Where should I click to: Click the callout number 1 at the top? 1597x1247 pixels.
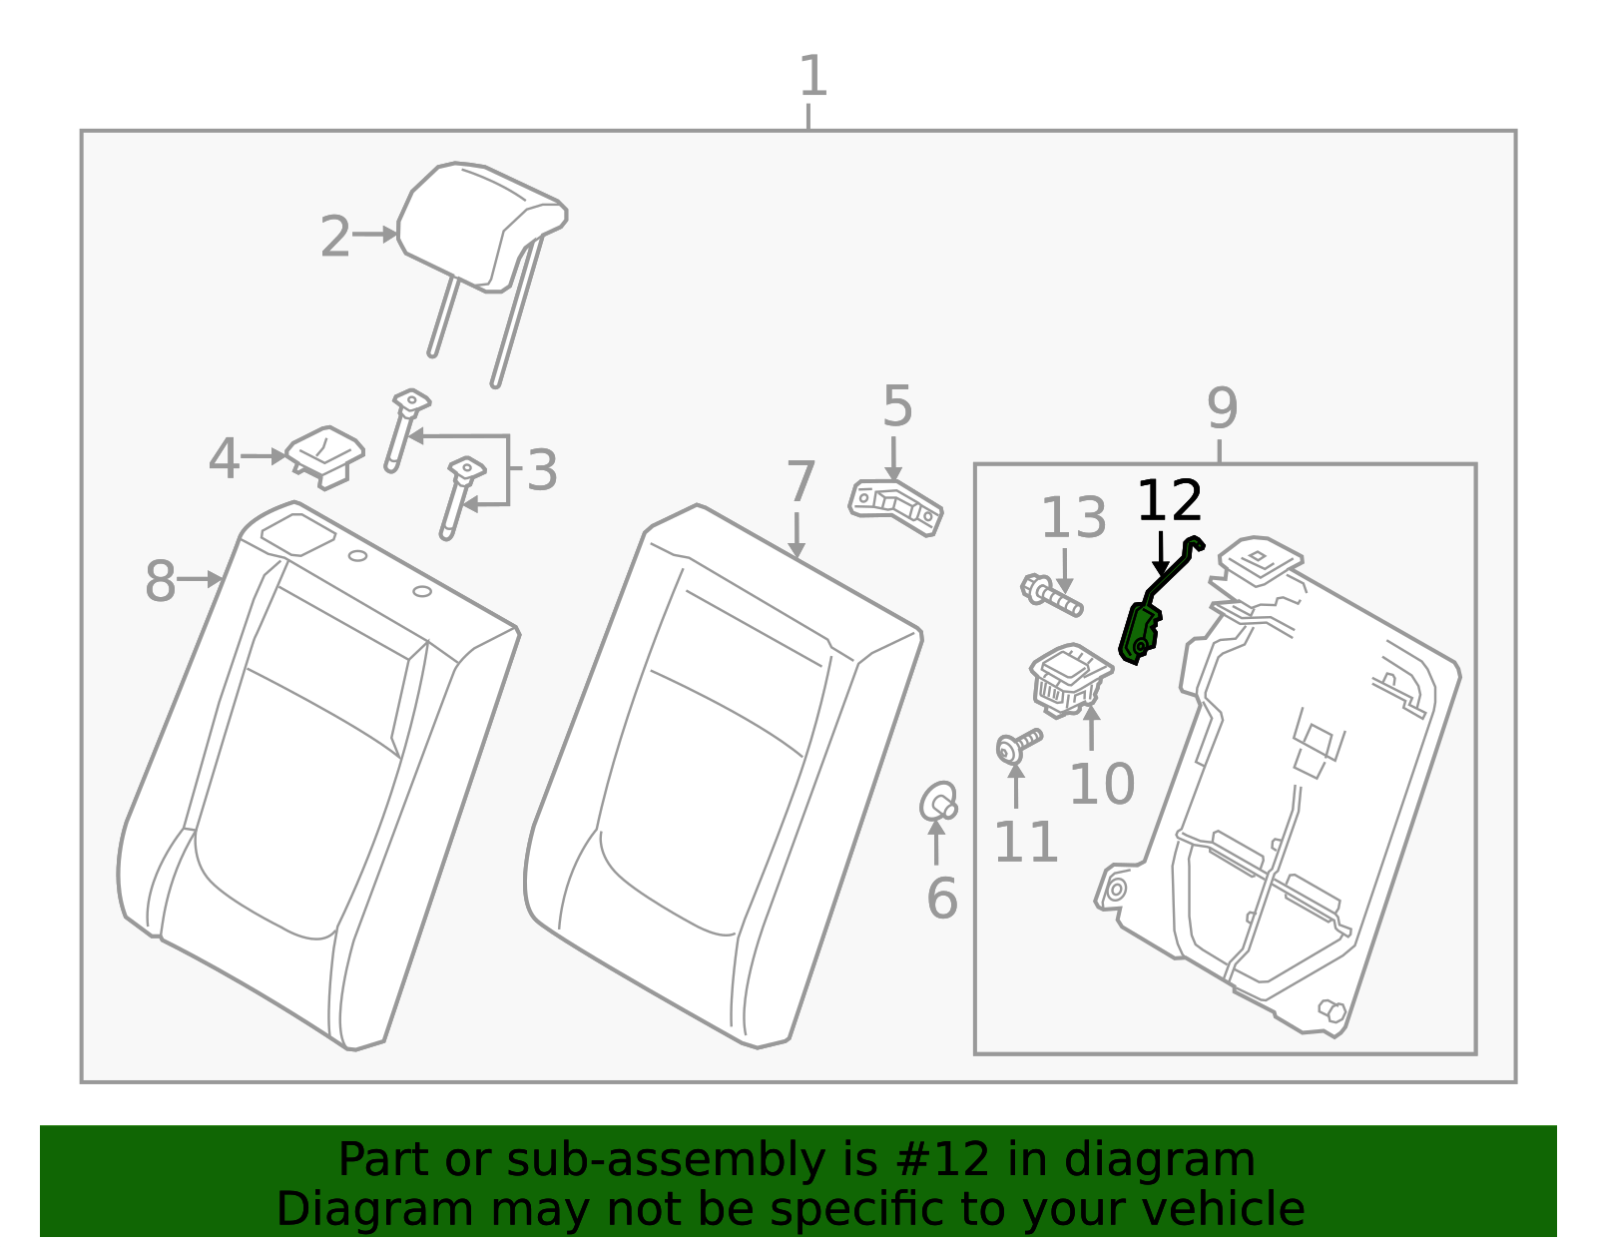pos(812,76)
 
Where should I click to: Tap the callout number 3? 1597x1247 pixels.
pos(542,470)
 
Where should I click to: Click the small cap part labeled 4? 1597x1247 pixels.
pos(324,456)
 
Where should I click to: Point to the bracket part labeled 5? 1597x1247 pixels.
pos(896,508)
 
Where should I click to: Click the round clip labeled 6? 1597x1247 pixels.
pos(938,802)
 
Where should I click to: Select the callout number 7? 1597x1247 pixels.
pos(800,482)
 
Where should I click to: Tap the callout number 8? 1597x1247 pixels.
pos(161,580)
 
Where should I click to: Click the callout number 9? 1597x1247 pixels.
pos(1222,408)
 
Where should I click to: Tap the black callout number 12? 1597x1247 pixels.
pos(1169,501)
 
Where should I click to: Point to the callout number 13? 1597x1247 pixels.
pos(1074,517)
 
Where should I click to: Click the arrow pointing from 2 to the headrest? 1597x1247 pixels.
pos(375,235)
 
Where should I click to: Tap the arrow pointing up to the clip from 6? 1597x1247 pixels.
pos(936,842)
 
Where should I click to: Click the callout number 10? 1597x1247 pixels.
pos(1102,784)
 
